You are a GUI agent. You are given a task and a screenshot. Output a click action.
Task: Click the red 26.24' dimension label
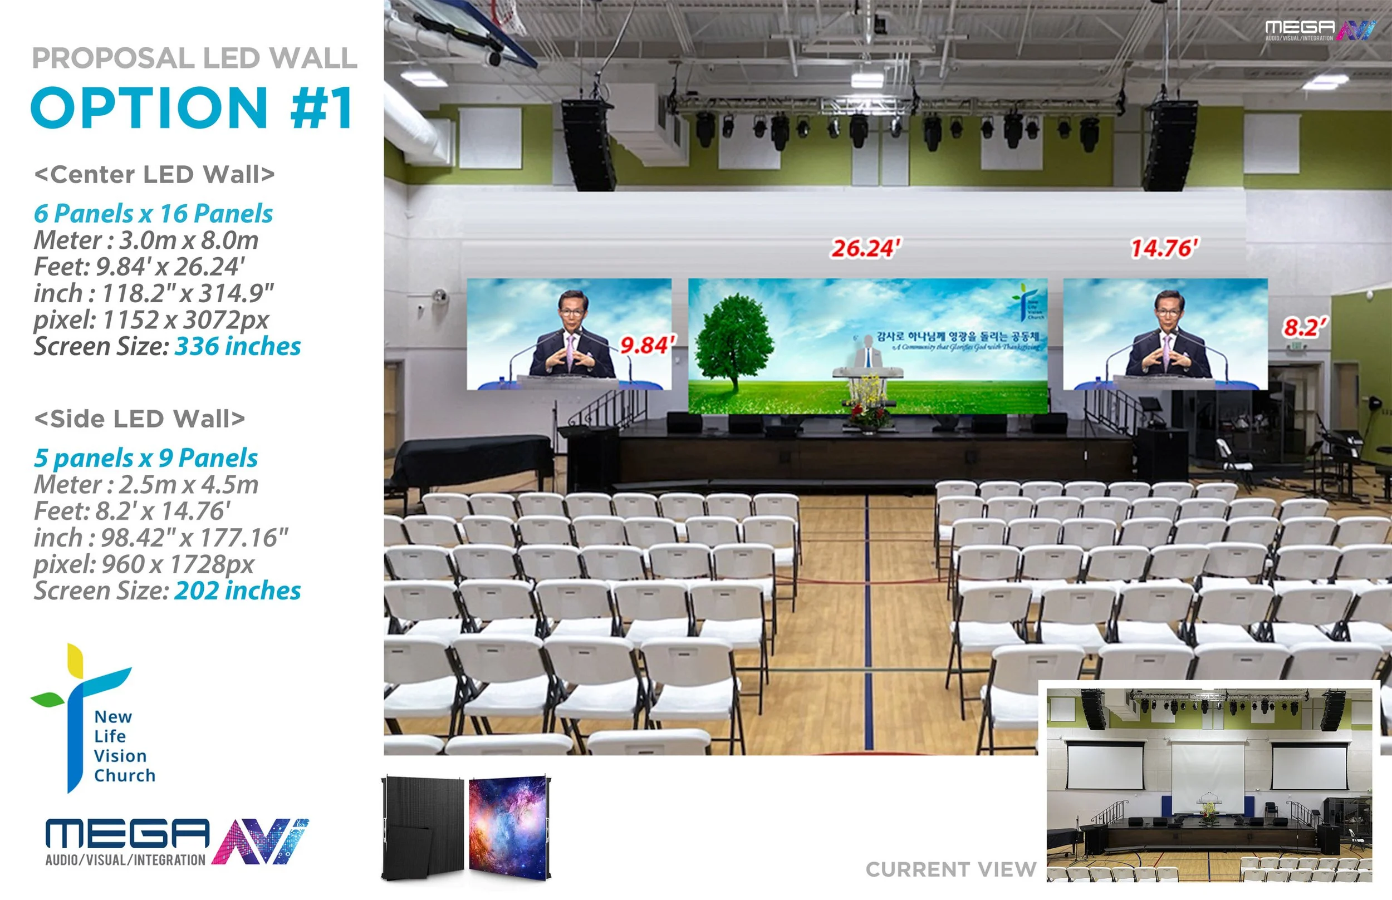[866, 248]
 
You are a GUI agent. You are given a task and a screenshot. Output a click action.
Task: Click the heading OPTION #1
[193, 108]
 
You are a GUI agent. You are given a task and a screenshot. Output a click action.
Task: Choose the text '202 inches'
[237, 591]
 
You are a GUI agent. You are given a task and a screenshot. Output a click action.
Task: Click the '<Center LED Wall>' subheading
[154, 174]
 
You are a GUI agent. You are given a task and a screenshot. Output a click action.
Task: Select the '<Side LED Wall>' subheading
[140, 419]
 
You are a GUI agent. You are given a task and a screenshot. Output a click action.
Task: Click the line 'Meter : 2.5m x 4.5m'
[146, 484]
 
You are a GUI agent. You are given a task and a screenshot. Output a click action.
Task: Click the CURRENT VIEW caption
[950, 869]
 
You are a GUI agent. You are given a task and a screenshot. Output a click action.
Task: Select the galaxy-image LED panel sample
[508, 827]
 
